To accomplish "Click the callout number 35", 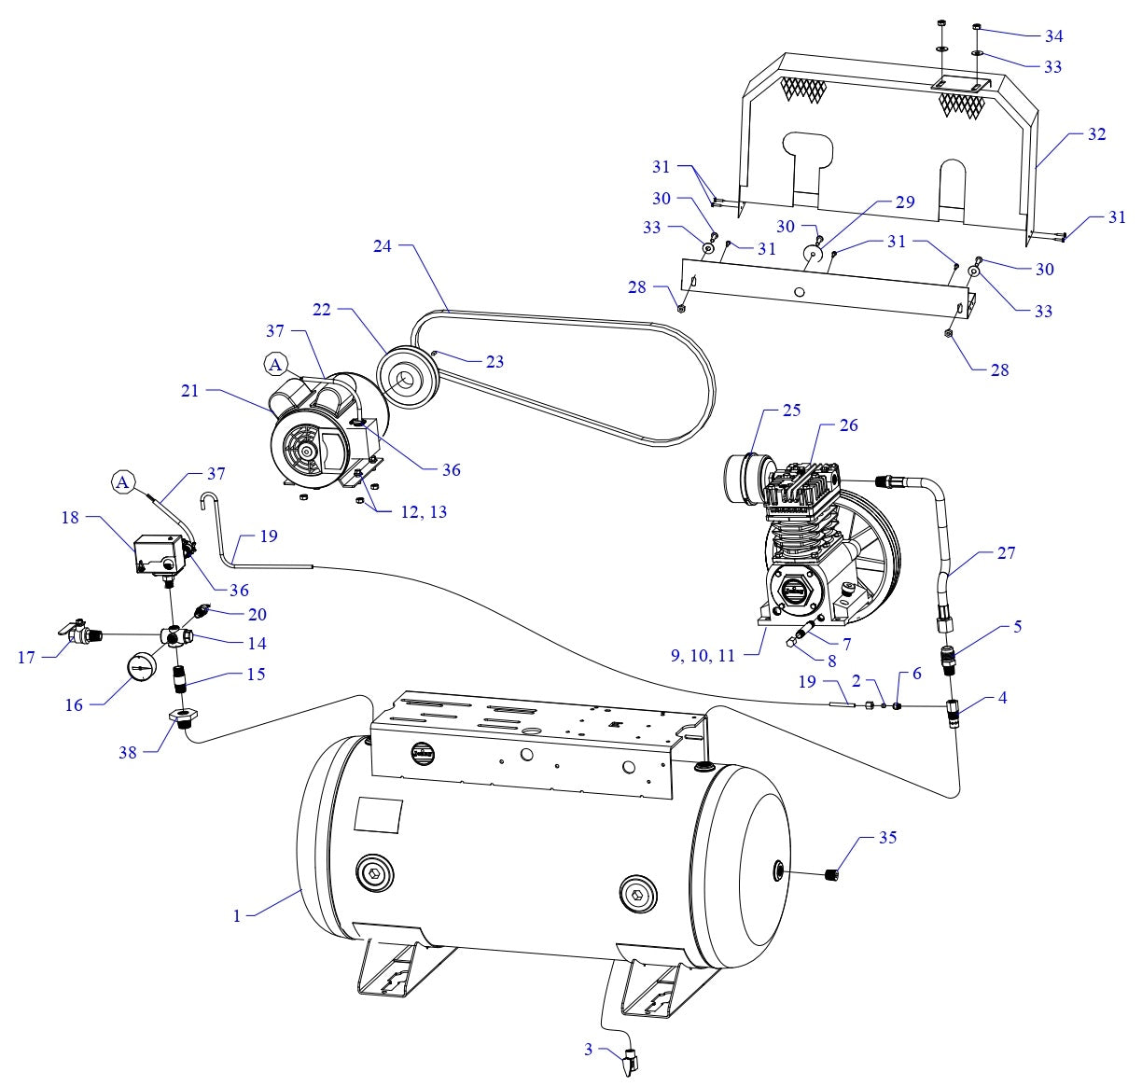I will pyautogui.click(x=887, y=838).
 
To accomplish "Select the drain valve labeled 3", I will pyautogui.click(x=632, y=1061).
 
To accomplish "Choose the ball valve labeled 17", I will pyautogui.click(x=76, y=637).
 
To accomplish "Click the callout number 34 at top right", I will pyautogui.click(x=1053, y=36).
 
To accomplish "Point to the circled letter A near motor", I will pyautogui.click(x=276, y=365).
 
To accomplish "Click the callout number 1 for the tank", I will pyautogui.click(x=238, y=916).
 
